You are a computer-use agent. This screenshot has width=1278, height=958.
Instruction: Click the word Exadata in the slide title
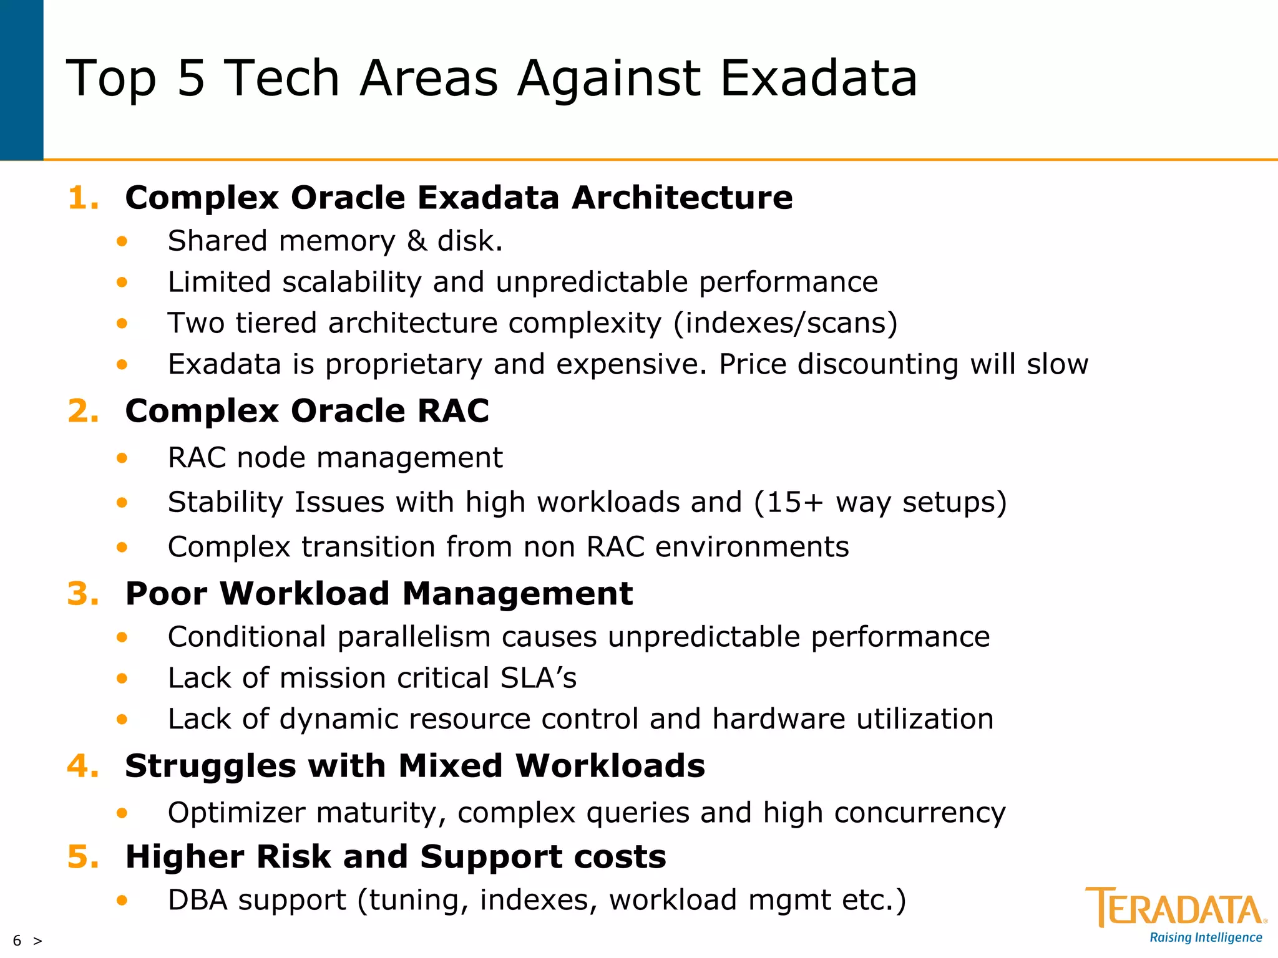(817, 79)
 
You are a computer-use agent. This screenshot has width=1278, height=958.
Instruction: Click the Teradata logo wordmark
(1176, 908)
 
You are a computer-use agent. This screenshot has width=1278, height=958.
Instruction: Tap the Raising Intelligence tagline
(1206, 937)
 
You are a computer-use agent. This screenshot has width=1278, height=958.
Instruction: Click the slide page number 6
(17, 941)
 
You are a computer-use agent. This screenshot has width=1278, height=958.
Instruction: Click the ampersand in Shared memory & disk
(416, 241)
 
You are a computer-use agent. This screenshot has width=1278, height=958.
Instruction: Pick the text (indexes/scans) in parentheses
(785, 323)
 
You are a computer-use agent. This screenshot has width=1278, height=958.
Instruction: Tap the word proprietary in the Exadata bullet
(403, 365)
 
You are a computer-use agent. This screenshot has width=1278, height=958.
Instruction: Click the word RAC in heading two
(453, 412)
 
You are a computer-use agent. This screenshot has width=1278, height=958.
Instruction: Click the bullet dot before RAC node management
(122, 458)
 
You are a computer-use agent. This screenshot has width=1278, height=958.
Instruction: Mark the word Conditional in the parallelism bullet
(247, 637)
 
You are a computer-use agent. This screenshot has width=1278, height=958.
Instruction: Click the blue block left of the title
(21, 80)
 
